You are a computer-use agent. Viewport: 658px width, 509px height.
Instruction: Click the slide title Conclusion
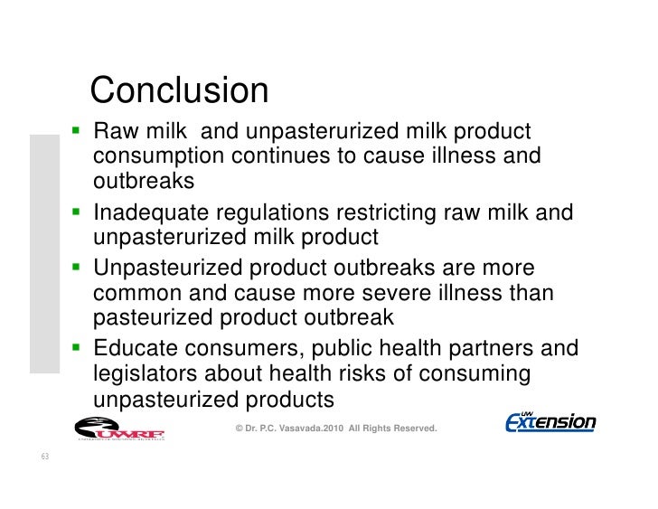pyautogui.click(x=180, y=90)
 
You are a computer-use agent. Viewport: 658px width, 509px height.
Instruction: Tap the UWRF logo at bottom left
pyautogui.click(x=118, y=427)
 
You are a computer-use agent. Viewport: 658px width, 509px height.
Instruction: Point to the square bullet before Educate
pyautogui.click(x=78, y=348)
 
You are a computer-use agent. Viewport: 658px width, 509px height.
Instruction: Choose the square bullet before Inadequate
pyautogui.click(x=78, y=213)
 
